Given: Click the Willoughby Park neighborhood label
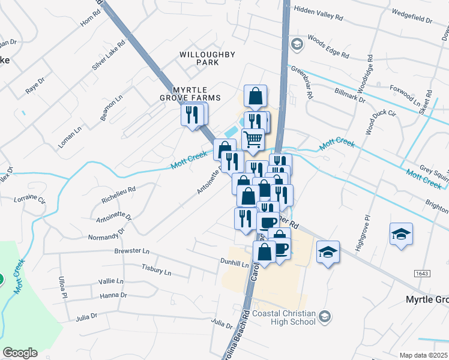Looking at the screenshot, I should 207,58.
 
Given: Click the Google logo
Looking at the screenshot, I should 20,353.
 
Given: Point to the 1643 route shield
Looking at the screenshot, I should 422,274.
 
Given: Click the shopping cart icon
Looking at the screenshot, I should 253,139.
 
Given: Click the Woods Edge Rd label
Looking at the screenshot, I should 328,46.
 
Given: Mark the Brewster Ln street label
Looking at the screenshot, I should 131,252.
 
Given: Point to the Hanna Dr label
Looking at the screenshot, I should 113,295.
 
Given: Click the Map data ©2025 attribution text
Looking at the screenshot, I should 423,355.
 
